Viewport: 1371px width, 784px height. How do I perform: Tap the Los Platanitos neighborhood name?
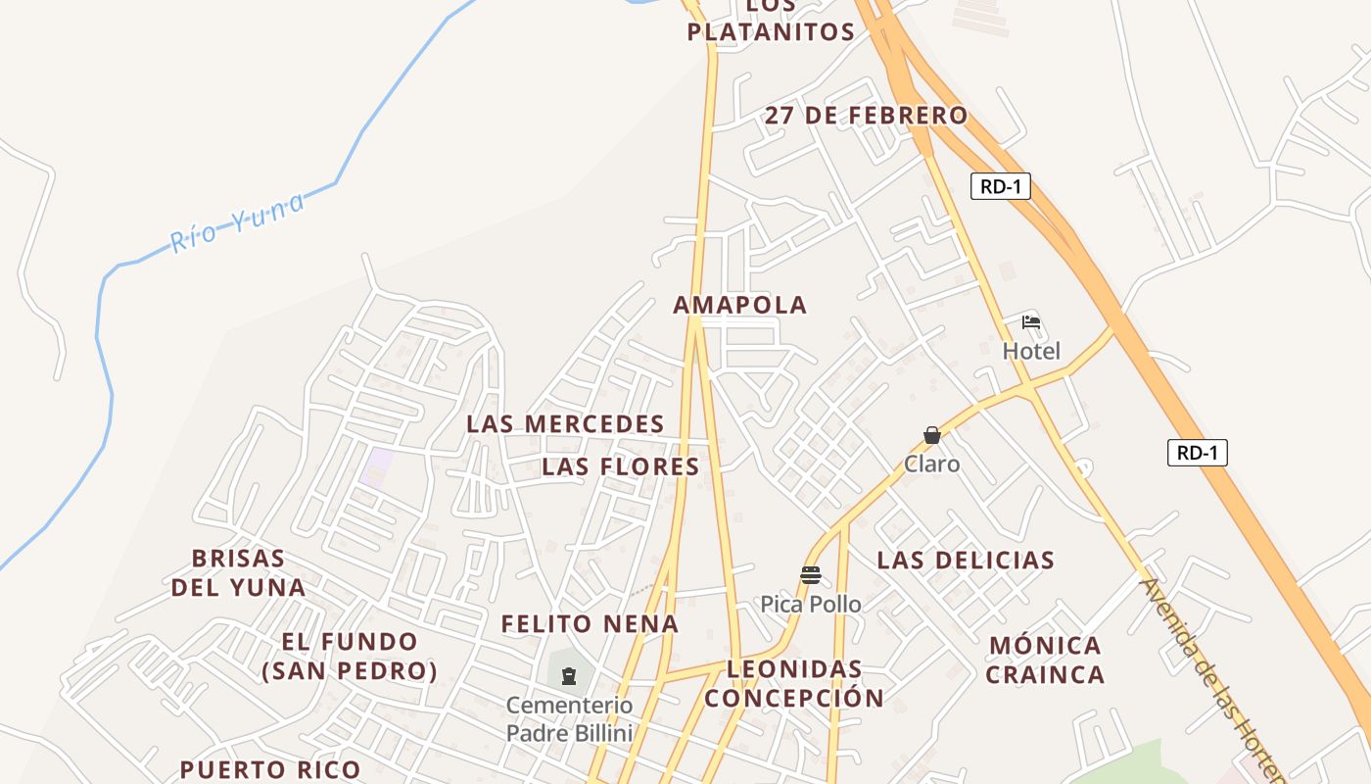[771, 21]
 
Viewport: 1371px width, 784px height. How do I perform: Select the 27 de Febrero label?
[866, 116]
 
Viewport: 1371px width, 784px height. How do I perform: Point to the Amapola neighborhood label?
[740, 305]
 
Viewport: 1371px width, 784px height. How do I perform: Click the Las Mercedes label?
[565, 424]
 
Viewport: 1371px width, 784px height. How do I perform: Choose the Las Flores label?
[621, 466]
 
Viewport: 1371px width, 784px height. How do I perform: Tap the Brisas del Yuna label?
[238, 573]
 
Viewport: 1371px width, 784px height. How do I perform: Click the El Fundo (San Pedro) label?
[350, 657]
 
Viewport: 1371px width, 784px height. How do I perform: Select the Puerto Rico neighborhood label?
[270, 769]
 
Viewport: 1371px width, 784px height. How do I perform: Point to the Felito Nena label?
[590, 624]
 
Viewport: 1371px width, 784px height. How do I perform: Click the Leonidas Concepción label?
[794, 683]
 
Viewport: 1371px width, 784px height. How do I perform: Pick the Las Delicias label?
[966, 561]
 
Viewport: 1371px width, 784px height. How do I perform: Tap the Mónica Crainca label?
[1045, 660]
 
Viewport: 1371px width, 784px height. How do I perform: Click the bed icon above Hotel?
[1031, 322]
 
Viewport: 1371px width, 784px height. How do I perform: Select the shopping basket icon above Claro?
[932, 435]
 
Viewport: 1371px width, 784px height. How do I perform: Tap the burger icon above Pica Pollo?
[810, 575]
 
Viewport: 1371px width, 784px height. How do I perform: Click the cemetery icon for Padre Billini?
[569, 675]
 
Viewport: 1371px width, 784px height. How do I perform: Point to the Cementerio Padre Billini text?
[569, 718]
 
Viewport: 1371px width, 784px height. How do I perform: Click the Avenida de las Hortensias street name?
[1212, 676]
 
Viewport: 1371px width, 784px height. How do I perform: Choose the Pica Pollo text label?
[811, 605]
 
